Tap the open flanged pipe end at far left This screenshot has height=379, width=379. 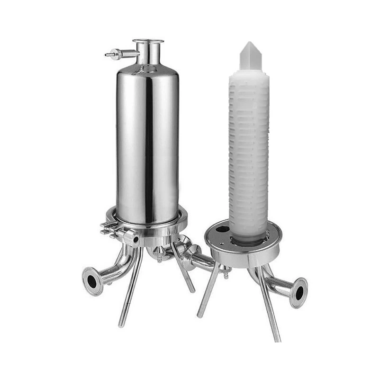coord(91,280)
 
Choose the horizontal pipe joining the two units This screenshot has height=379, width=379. coord(199,260)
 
